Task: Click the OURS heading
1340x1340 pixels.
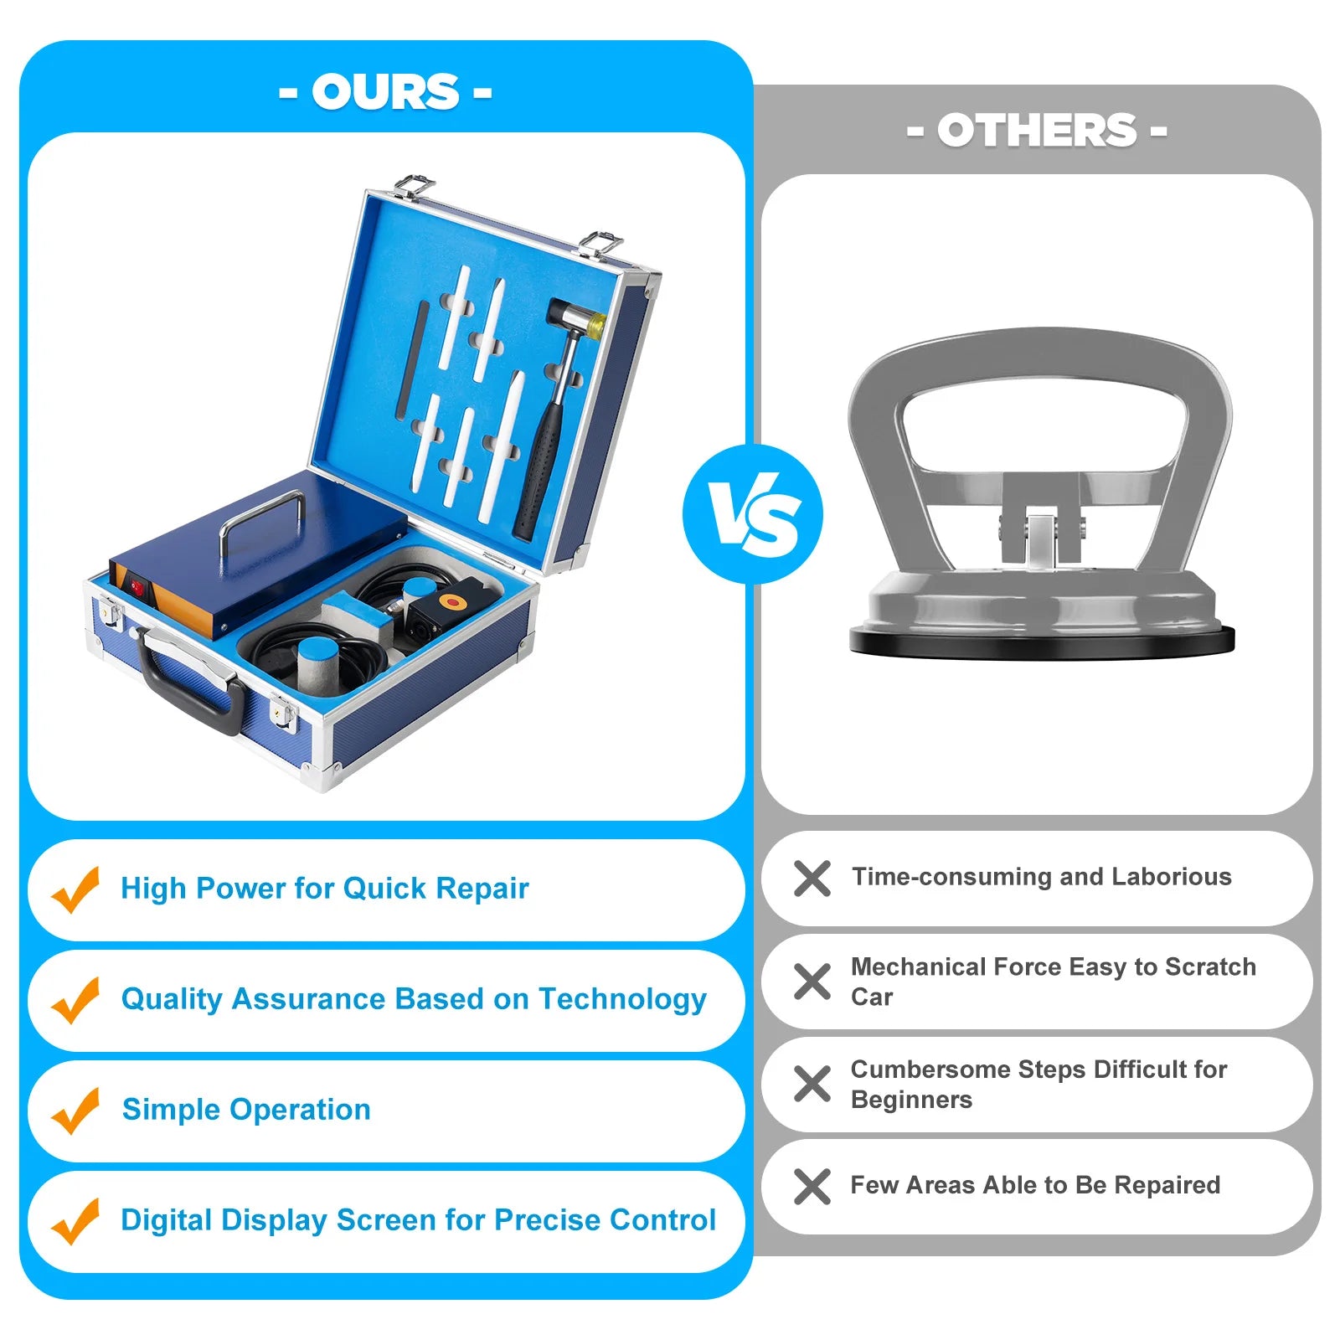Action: click(385, 91)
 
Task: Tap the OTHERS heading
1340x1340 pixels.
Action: click(1037, 131)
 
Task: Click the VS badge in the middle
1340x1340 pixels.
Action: click(753, 514)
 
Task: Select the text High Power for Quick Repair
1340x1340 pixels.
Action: click(325, 888)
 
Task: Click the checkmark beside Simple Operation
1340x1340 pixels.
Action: click(75, 1111)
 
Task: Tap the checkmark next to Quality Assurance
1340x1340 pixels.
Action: click(75, 1000)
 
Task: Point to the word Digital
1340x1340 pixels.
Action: click(167, 1220)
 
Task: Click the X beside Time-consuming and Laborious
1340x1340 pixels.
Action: click(812, 879)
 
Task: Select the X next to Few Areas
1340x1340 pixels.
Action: click(812, 1187)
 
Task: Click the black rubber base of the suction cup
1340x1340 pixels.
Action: click(1042, 642)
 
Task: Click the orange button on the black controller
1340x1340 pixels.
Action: click(453, 601)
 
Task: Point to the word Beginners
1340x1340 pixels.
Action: click(911, 1100)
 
